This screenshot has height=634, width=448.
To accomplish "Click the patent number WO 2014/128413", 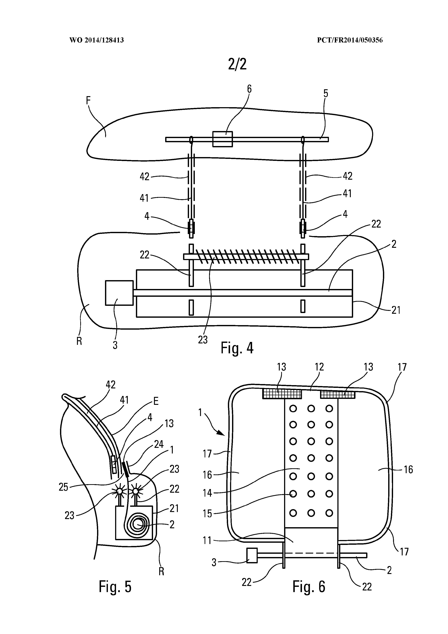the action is point(97,40).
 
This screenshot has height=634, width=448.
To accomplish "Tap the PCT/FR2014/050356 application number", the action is point(350,40).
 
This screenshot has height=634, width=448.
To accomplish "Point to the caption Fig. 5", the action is point(115,587).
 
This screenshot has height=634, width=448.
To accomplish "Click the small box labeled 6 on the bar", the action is point(222,139).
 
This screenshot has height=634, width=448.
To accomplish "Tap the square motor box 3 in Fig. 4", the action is point(119,293).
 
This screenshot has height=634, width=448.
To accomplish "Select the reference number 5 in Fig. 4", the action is point(326,94).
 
